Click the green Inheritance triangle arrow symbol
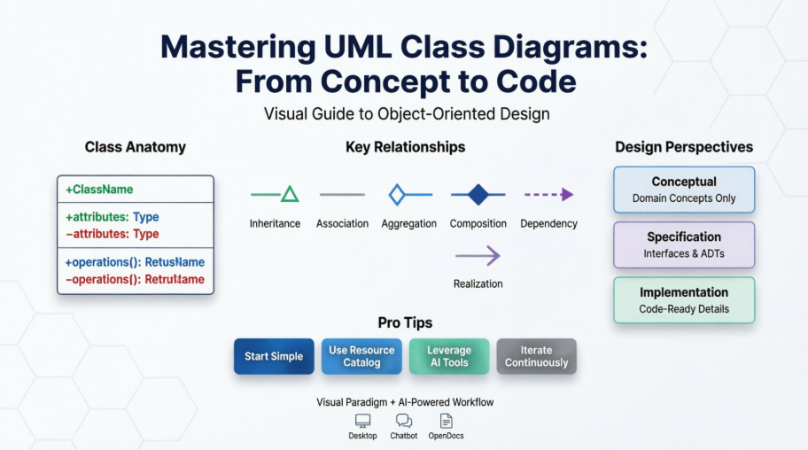pyautogui.click(x=289, y=194)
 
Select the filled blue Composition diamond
pyautogui.click(x=478, y=194)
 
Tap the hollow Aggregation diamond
pyautogui.click(x=397, y=194)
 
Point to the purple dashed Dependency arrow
pyautogui.click(x=548, y=194)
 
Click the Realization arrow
pyautogui.click(x=478, y=256)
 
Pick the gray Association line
pyautogui.click(x=342, y=194)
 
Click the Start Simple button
pyautogui.click(x=274, y=356)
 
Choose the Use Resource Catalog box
pyautogui.click(x=361, y=356)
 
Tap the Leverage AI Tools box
pyautogui.click(x=449, y=356)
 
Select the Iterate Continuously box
pyautogui.click(x=536, y=356)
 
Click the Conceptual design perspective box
pyautogui.click(x=684, y=190)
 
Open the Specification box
pyautogui.click(x=684, y=244)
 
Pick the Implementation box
pyautogui.click(x=684, y=300)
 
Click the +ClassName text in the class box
pyautogui.click(x=99, y=190)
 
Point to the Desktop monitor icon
pyautogui.click(x=362, y=421)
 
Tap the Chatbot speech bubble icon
pyautogui.click(x=404, y=421)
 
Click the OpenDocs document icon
pyautogui.click(x=446, y=421)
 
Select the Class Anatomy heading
pyautogui.click(x=136, y=147)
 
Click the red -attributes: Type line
pyautogui.click(x=113, y=234)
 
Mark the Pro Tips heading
pyautogui.click(x=404, y=322)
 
